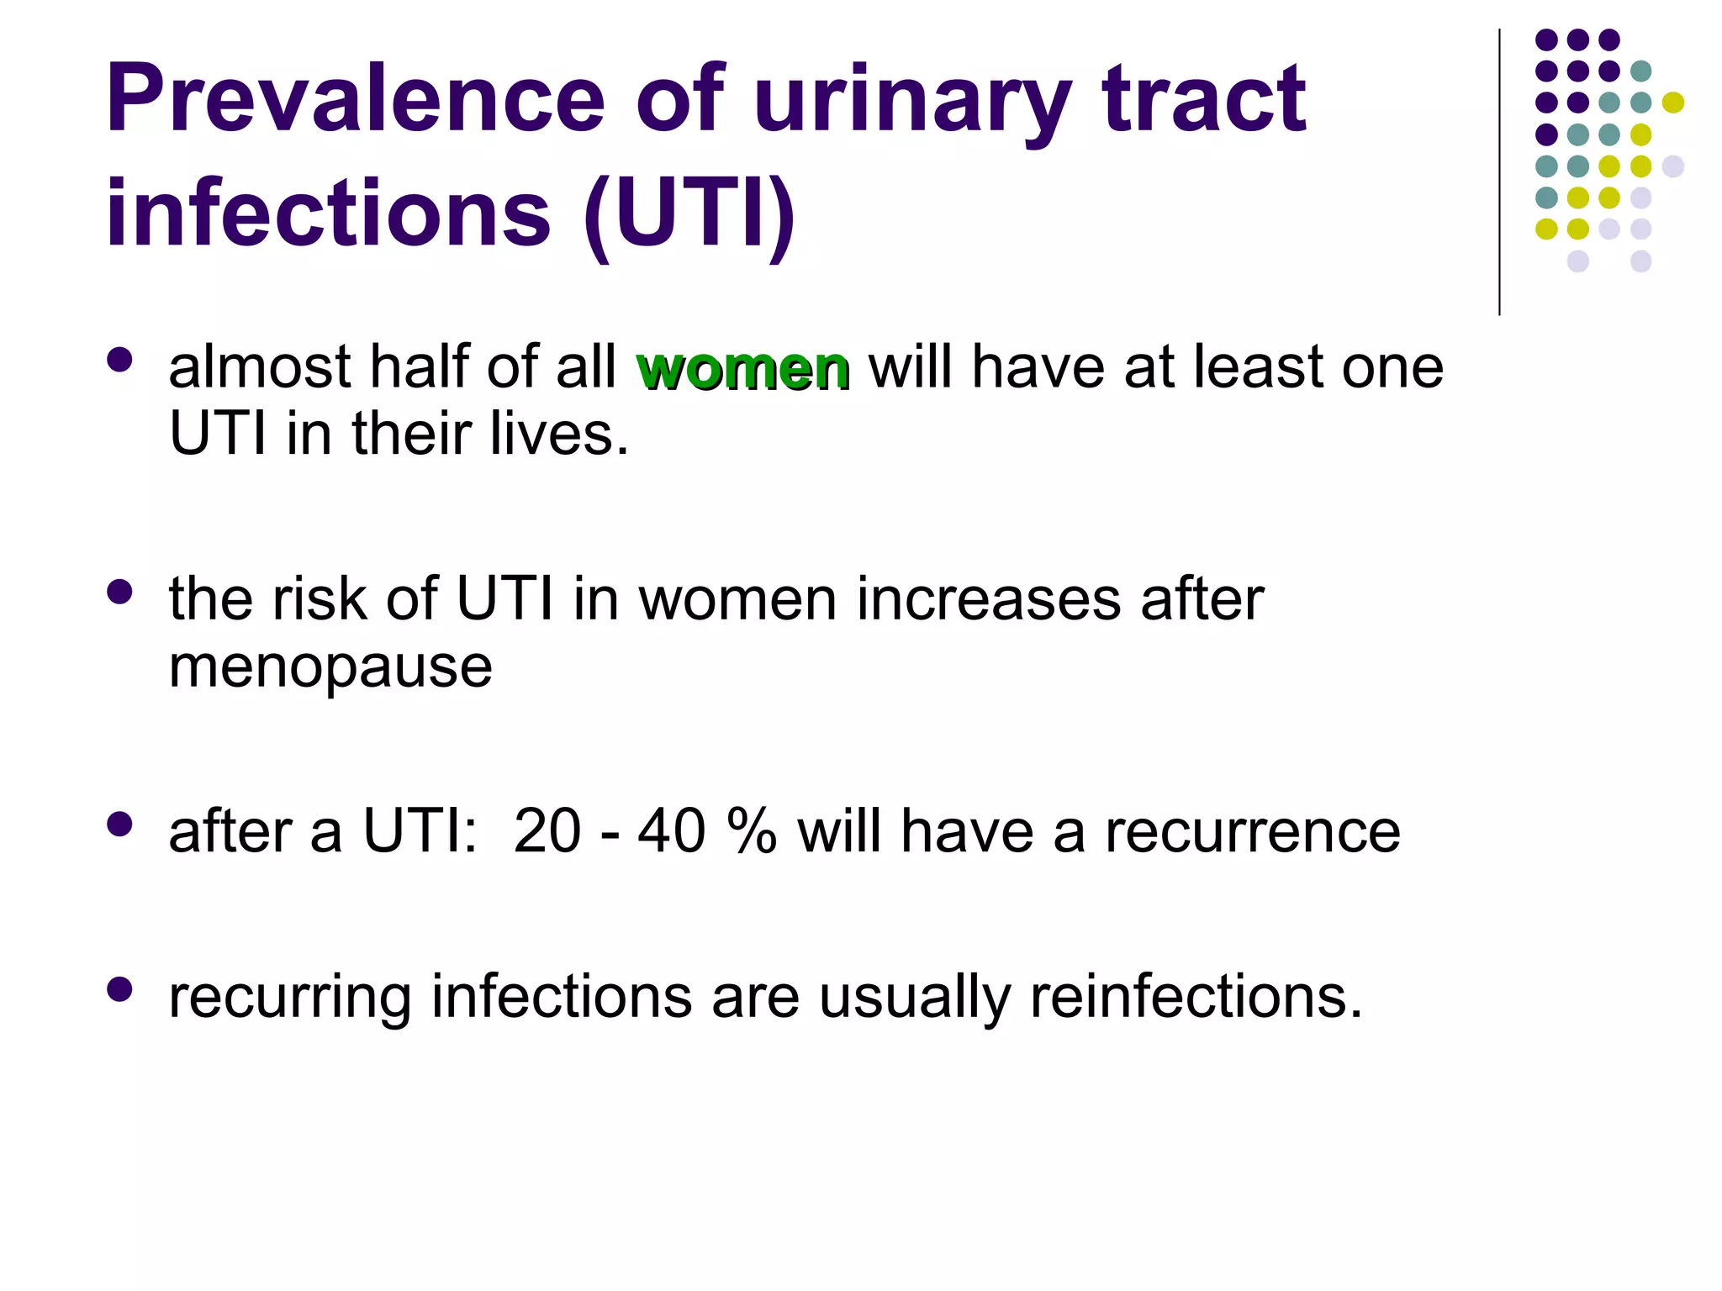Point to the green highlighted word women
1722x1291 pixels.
(742, 368)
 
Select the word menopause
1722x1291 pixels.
(330, 668)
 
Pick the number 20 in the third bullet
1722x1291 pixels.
(547, 831)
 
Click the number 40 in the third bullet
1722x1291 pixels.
(671, 831)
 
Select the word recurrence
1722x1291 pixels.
(1252, 831)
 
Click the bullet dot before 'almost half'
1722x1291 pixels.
(120, 361)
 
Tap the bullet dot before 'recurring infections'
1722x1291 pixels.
(120, 989)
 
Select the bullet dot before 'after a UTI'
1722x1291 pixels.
(120, 825)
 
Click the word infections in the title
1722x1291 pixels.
(328, 214)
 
